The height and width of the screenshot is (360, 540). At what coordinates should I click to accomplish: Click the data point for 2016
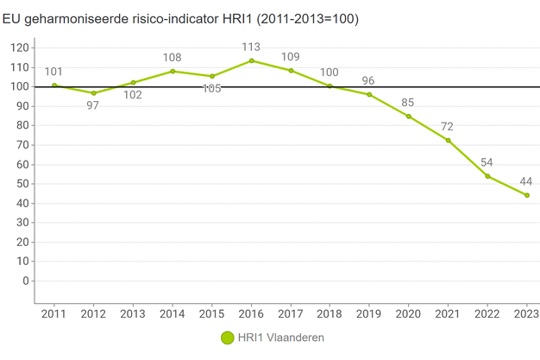tap(251, 60)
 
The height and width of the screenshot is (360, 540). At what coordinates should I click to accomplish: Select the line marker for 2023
tap(527, 195)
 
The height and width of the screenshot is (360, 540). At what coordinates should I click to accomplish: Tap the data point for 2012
tap(93, 92)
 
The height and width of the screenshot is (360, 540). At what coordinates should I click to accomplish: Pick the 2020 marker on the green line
tap(409, 116)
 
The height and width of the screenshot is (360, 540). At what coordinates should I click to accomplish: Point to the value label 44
tap(526, 181)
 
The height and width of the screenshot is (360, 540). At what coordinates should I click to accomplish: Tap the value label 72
tap(447, 127)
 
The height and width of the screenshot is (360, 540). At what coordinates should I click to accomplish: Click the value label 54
tap(487, 162)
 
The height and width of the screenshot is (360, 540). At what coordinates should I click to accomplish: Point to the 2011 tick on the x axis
tap(54, 313)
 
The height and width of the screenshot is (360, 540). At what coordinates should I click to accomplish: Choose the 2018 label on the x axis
tap(330, 313)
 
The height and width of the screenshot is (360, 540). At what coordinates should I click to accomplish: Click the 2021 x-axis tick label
tap(448, 313)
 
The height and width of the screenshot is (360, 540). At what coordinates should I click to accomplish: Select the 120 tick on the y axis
tap(18, 47)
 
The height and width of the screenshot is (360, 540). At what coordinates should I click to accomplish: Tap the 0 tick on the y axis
tap(26, 281)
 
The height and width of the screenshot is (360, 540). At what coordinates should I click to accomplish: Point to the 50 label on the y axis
tap(22, 184)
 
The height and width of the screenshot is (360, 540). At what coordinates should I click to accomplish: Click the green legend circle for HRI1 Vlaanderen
tap(228, 338)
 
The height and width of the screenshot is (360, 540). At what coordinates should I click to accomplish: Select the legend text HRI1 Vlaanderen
tap(281, 338)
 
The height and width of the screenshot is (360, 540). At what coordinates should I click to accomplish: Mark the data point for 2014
tap(173, 71)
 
